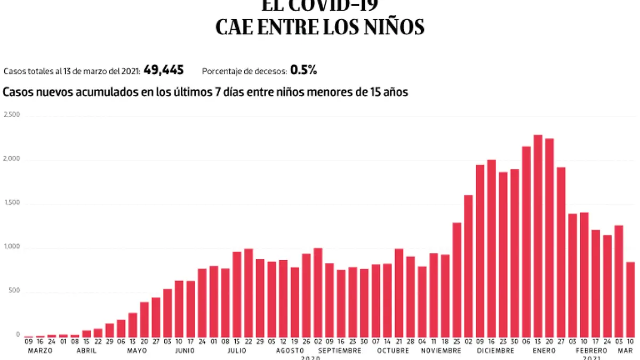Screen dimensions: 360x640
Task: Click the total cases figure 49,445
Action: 164,70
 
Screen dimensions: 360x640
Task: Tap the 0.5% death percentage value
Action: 304,70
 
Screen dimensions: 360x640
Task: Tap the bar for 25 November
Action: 457,279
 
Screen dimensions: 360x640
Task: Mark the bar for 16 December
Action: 491,248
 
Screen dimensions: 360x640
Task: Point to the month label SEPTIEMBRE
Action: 340,351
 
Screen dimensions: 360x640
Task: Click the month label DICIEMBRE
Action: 496,351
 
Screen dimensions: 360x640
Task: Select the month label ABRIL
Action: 86,351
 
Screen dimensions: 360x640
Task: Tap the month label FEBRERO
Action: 591,351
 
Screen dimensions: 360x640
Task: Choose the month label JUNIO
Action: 185,351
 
